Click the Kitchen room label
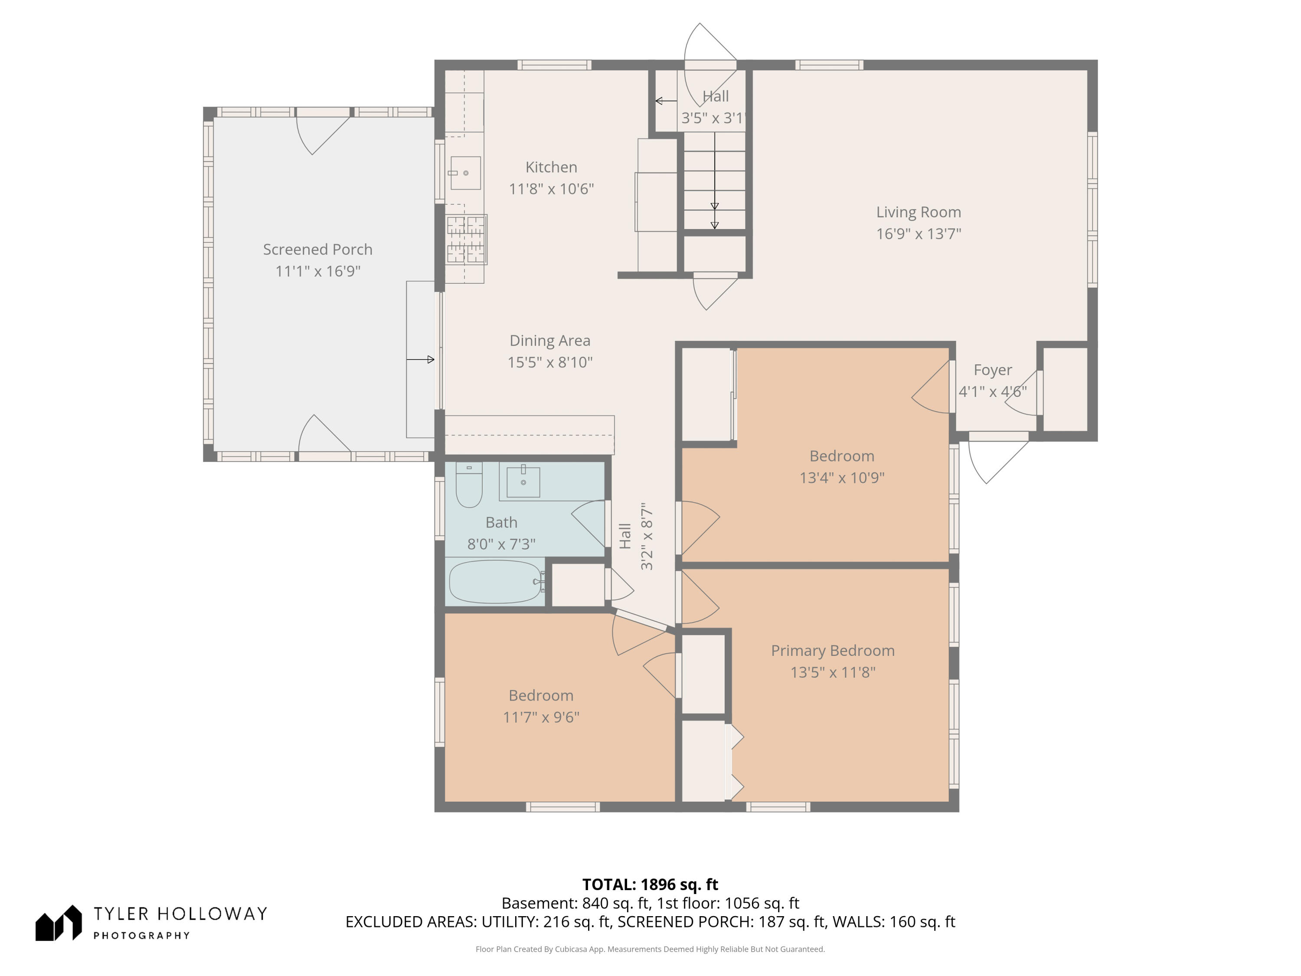coord(551,167)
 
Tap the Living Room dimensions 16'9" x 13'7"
coord(919,233)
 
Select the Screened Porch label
coord(317,249)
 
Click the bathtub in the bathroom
coord(495,582)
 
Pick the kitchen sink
coord(465,173)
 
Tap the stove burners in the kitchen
coord(466,239)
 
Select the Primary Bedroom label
coord(833,650)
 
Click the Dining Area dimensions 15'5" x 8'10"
coord(550,362)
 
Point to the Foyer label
coord(993,370)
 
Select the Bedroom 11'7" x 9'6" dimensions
coord(541,717)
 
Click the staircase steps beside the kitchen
coord(715,180)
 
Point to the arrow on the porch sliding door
coord(421,360)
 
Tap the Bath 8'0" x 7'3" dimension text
coord(501,544)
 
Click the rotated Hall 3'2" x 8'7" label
coord(636,536)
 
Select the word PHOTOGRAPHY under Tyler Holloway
coord(142,935)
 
